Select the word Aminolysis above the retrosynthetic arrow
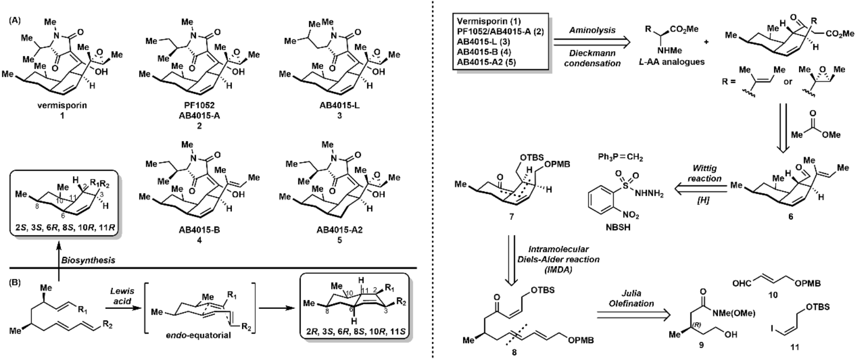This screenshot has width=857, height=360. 592,30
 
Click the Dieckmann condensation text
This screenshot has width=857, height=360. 592,58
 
